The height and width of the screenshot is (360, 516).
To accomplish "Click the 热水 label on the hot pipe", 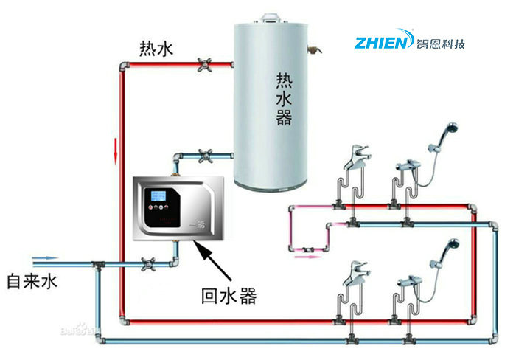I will click(x=156, y=49).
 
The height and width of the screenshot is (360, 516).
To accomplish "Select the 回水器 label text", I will click(x=229, y=297).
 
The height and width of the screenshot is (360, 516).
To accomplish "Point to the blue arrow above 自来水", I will click(x=46, y=258).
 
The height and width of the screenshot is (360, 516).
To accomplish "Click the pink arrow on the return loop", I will click(x=305, y=257).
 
